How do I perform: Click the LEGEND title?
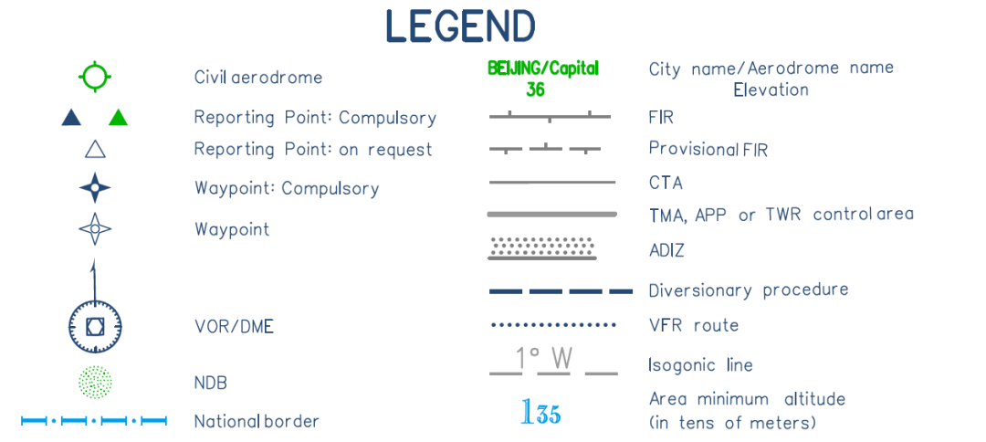pyautogui.click(x=460, y=26)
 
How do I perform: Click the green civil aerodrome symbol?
pyautogui.click(x=95, y=77)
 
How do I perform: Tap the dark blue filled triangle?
pyautogui.click(x=71, y=117)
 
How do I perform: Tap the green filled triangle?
pyautogui.click(x=118, y=117)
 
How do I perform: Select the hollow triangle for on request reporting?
pyautogui.click(x=95, y=149)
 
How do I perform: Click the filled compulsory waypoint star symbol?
pyautogui.click(x=95, y=188)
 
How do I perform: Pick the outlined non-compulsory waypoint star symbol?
pyautogui.click(x=95, y=228)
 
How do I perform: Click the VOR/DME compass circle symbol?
pyautogui.click(x=95, y=325)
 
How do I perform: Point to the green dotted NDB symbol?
pyautogui.click(x=95, y=382)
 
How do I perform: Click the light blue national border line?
pyautogui.click(x=95, y=421)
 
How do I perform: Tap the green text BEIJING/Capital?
pyautogui.click(x=543, y=68)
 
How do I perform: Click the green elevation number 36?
pyautogui.click(x=535, y=89)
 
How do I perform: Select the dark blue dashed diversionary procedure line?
pyautogui.click(x=561, y=291)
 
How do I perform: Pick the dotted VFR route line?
pyautogui.click(x=553, y=325)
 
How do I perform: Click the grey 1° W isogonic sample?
pyautogui.click(x=553, y=362)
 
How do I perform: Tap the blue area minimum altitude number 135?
pyautogui.click(x=540, y=413)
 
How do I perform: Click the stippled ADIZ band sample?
pyautogui.click(x=543, y=247)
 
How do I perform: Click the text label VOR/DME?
pyautogui.click(x=234, y=326)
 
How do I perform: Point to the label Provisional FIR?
pyautogui.click(x=708, y=149)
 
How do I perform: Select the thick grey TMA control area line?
pyautogui.click(x=552, y=215)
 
